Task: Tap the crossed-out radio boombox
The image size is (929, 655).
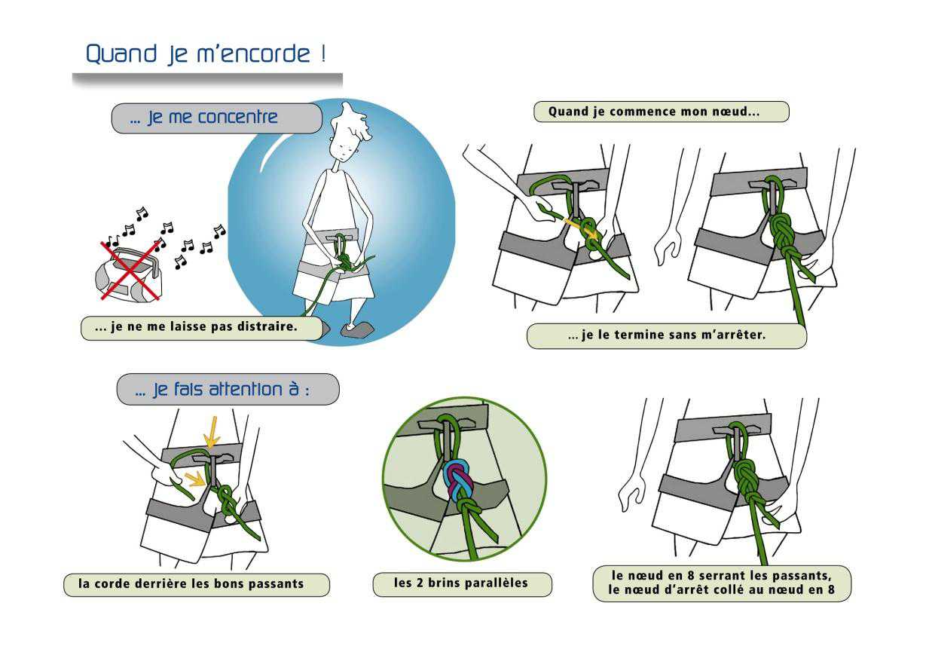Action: pyautogui.click(x=129, y=274)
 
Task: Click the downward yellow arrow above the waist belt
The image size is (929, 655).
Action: pyautogui.click(x=212, y=432)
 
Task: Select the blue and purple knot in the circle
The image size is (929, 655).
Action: pyautogui.click(x=458, y=481)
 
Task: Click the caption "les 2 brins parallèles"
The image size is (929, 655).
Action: pyautogui.click(x=461, y=583)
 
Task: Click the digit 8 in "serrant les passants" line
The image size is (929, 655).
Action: pyautogui.click(x=690, y=575)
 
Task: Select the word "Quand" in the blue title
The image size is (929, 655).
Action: pyautogui.click(x=121, y=54)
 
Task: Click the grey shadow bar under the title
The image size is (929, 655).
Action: pyautogui.click(x=207, y=79)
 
